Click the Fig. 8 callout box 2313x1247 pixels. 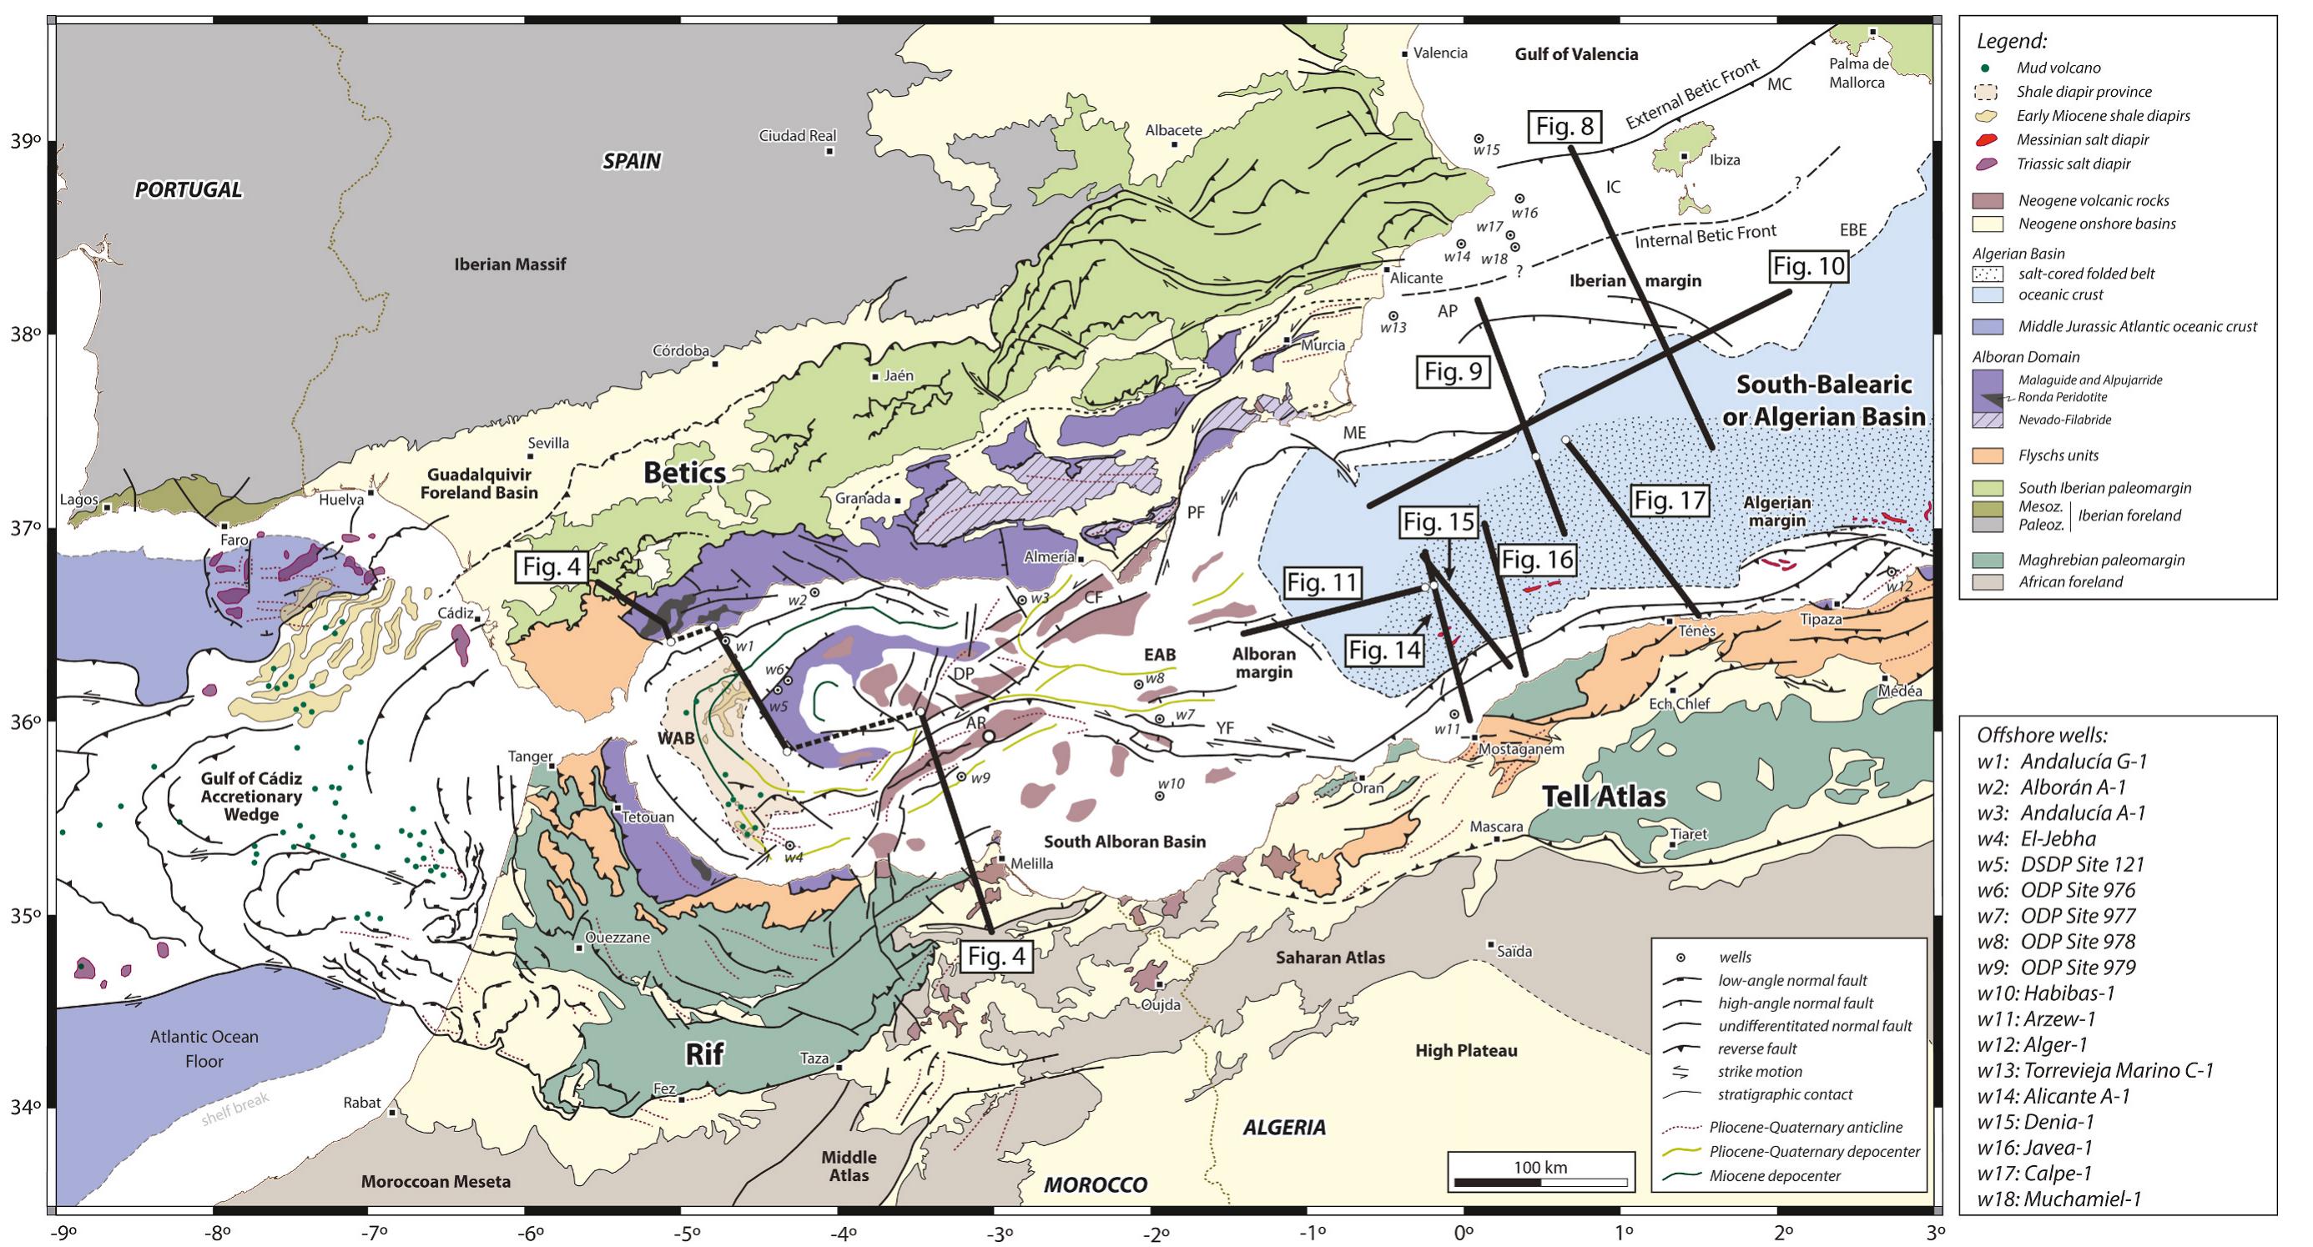(x=1565, y=127)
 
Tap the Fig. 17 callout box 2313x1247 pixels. (x=1667, y=501)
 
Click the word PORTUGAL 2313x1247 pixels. (x=189, y=189)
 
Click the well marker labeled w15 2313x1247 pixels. (x=1479, y=138)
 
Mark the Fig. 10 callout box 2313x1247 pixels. (x=1808, y=267)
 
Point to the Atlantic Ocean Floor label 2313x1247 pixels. (x=204, y=1048)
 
